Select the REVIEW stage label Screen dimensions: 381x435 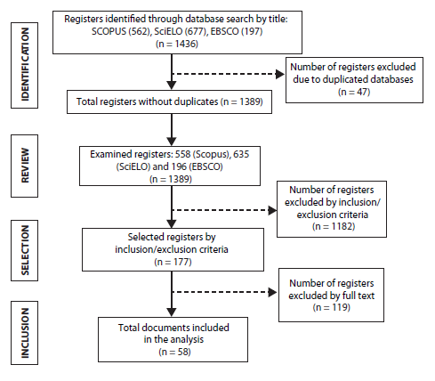(24, 165)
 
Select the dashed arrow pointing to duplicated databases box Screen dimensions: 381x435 (229, 74)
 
